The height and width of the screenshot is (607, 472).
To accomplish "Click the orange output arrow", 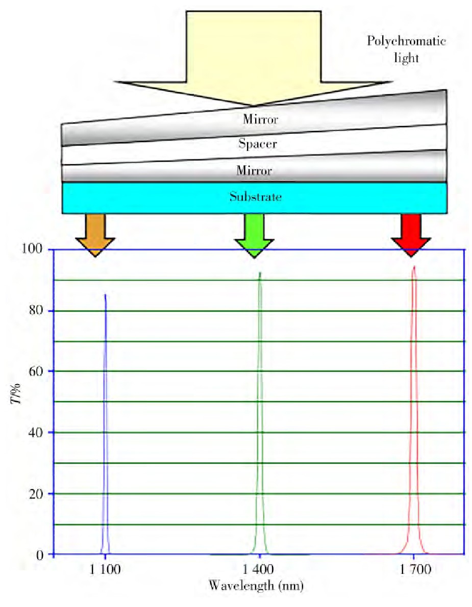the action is [95, 235].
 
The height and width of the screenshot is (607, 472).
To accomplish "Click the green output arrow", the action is [255, 235].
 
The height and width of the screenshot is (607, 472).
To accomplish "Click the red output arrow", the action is [411, 235].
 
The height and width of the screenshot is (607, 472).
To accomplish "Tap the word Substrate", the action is [256, 197].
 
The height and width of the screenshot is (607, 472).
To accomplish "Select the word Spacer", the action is [258, 144].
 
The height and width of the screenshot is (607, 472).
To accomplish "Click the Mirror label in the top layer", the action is [260, 119].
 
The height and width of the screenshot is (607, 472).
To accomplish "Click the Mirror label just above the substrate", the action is [254, 170].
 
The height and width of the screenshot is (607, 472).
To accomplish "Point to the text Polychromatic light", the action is [407, 49].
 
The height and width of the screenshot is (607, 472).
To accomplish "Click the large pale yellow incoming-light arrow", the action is [254, 58].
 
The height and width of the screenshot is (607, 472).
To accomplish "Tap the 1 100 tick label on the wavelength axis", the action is [105, 569].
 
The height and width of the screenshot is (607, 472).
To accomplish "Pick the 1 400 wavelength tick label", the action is [258, 569].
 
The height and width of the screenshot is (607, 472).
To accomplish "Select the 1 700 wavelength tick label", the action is [415, 569].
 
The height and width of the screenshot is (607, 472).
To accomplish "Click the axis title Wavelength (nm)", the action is [256, 586].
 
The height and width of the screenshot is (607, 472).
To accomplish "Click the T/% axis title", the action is [15, 394].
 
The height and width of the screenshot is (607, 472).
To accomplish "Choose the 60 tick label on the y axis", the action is [36, 371].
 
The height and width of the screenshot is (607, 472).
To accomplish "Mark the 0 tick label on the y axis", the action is [39, 555].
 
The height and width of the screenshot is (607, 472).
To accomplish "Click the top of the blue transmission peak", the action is [105, 295].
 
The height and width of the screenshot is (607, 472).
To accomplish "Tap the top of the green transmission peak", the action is [260, 272].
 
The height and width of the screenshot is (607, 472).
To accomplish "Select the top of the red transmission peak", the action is [414, 266].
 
